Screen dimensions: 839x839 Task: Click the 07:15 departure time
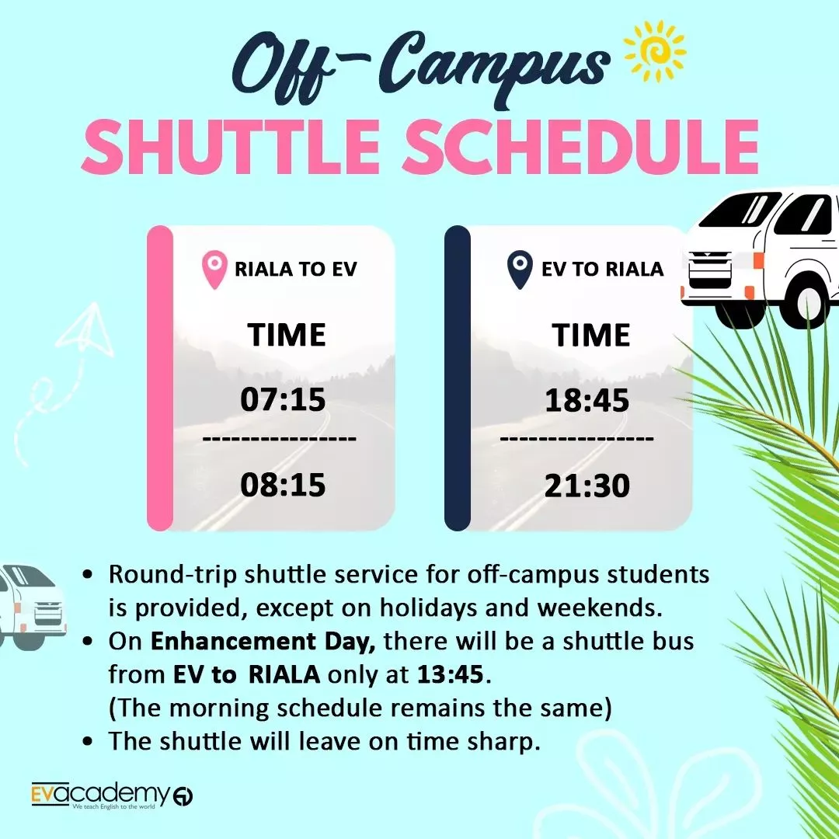283,399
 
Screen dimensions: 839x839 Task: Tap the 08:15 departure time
283,485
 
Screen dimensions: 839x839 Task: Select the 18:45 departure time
587,400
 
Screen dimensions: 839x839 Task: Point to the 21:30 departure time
587,486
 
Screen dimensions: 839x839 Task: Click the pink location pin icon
214,270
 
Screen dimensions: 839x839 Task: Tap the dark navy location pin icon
520,270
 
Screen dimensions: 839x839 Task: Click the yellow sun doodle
656,52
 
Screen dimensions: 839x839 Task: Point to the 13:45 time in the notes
450,675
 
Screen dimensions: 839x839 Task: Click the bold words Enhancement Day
263,642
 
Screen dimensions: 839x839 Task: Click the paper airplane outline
85,331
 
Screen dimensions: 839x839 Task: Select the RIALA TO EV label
296,269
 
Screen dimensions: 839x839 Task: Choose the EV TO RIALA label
603,269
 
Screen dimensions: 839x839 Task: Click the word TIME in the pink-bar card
287,335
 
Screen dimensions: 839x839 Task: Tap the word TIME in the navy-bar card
591,335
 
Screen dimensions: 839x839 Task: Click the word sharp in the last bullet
501,742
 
